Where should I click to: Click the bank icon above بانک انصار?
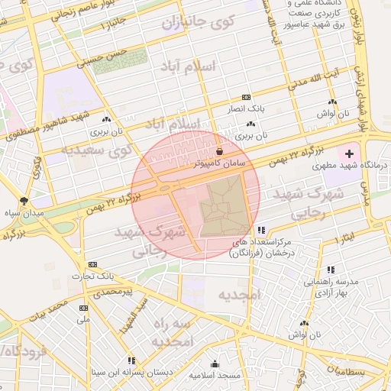click(x=246, y=98)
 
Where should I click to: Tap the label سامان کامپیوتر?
click(x=219, y=163)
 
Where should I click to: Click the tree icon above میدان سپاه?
click(x=24, y=200)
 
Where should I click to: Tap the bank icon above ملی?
click(x=83, y=308)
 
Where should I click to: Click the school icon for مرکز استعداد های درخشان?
click(x=261, y=229)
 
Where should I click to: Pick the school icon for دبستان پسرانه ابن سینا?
click(x=131, y=360)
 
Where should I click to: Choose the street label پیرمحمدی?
click(x=111, y=292)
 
